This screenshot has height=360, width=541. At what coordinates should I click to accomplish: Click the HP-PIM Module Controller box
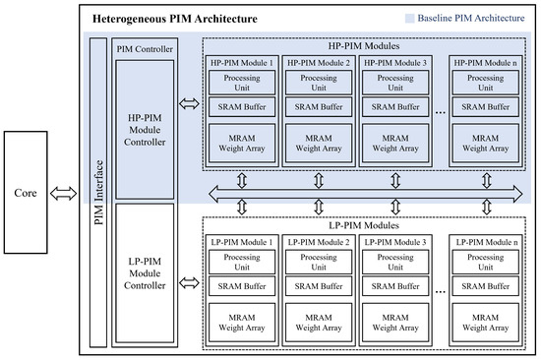pyautogui.click(x=144, y=129)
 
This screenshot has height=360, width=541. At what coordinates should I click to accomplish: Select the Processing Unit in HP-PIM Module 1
pyautogui.click(x=242, y=82)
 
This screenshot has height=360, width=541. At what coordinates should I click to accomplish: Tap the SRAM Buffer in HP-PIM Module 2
pyautogui.click(x=318, y=106)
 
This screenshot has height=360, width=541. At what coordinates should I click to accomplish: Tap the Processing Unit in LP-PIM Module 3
pyautogui.click(x=394, y=262)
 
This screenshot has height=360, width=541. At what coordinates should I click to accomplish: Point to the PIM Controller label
pyautogui.click(x=144, y=48)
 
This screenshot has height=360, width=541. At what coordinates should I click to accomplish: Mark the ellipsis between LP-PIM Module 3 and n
pyautogui.click(x=439, y=292)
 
